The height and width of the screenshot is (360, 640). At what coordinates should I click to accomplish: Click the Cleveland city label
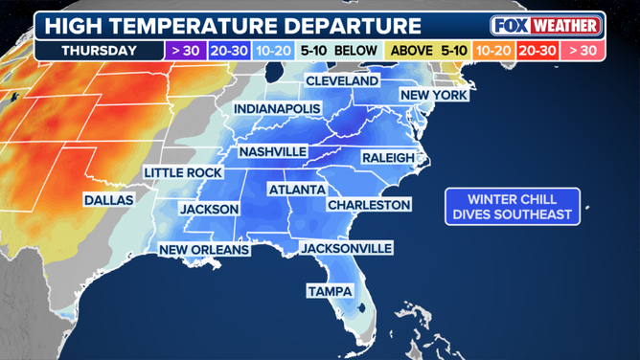click(342, 81)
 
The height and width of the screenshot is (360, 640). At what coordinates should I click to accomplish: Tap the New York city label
click(434, 95)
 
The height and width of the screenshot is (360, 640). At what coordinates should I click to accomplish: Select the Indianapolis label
click(277, 109)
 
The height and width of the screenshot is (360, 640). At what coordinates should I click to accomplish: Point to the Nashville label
click(273, 151)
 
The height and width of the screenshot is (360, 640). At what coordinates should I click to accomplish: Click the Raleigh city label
click(388, 157)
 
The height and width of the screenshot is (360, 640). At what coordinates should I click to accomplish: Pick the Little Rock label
click(183, 172)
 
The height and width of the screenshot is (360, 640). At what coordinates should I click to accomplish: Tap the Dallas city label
click(108, 200)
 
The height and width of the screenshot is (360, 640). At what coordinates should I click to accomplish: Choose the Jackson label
click(210, 208)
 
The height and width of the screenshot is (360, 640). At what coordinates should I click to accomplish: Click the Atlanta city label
click(297, 190)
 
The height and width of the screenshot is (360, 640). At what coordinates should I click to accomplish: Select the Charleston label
click(369, 205)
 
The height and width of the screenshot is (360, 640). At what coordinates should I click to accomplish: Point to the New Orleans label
click(204, 250)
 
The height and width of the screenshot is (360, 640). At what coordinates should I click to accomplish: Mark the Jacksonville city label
click(347, 248)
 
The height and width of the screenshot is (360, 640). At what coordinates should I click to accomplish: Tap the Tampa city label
click(329, 290)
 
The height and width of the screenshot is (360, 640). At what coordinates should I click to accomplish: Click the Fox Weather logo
click(546, 25)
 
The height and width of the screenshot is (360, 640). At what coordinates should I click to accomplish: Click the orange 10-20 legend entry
click(492, 50)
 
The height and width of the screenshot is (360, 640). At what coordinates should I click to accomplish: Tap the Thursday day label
click(99, 50)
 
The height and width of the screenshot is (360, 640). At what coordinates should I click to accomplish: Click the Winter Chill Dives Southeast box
click(513, 206)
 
